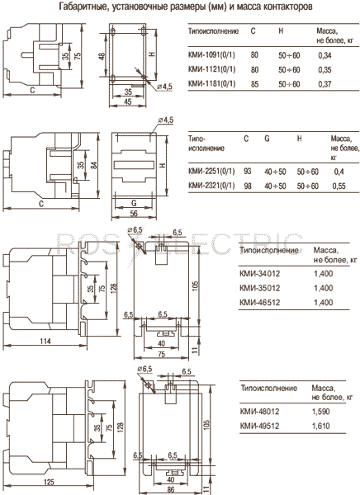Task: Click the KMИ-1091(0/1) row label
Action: pyautogui.click(x=211, y=55)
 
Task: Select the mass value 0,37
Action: pyautogui.click(x=325, y=84)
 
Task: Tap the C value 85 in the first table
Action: pyautogui.click(x=254, y=84)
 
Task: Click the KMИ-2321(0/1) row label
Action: pyautogui.click(x=211, y=186)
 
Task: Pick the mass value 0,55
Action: pyautogui.click(x=339, y=186)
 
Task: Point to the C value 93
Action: pyautogui.click(x=248, y=171)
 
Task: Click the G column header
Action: pyautogui.click(x=267, y=139)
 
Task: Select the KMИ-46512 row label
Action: pyautogui.click(x=260, y=303)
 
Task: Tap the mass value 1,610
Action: pyautogui.click(x=321, y=426)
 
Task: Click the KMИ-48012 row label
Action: pyautogui.click(x=260, y=412)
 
